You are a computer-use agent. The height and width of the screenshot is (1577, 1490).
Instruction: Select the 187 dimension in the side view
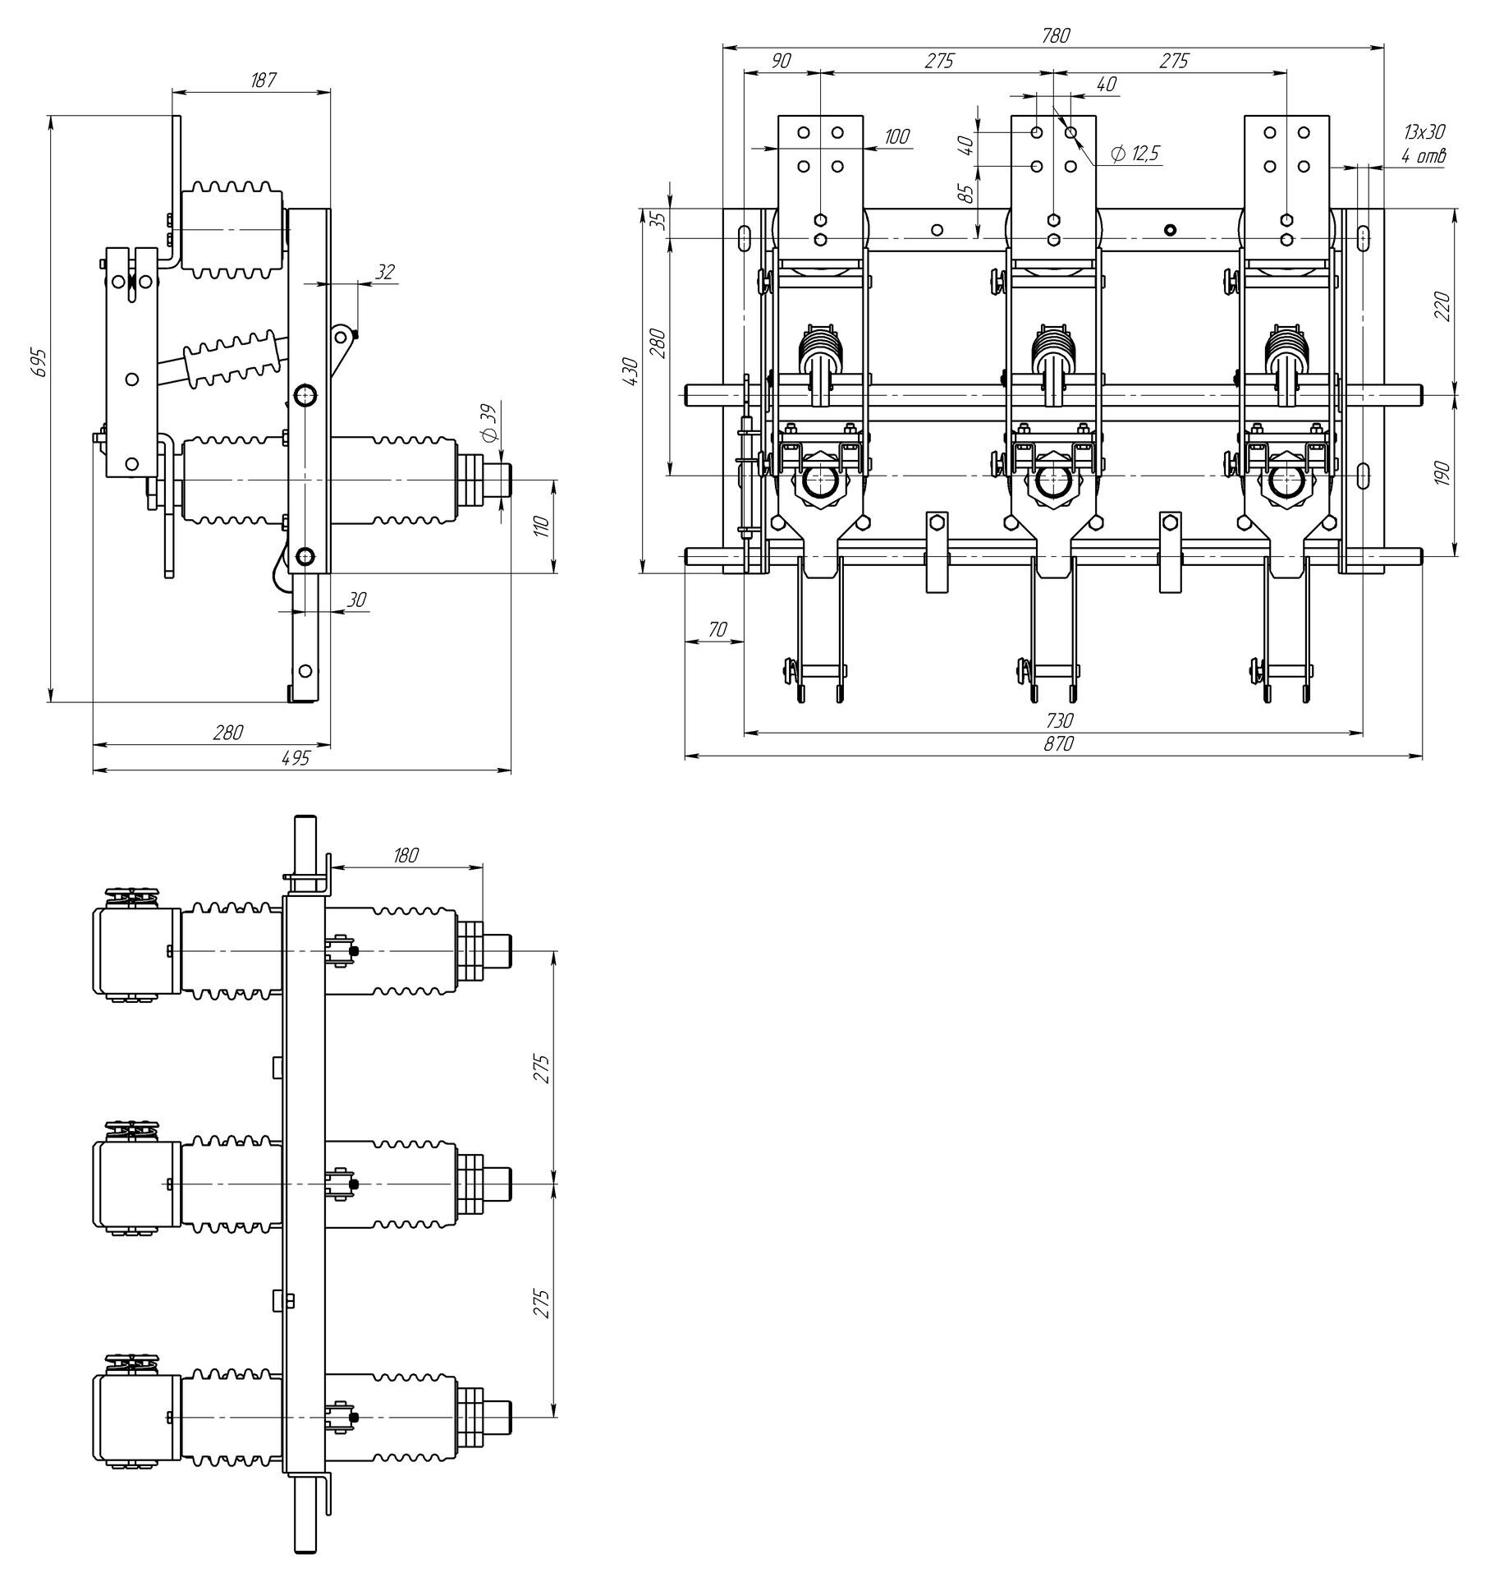[264, 80]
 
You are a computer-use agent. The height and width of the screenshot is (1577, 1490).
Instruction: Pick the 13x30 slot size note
[1424, 131]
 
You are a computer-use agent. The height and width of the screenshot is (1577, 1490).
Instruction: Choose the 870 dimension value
[1058, 744]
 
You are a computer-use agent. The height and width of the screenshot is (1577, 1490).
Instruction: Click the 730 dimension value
[1059, 720]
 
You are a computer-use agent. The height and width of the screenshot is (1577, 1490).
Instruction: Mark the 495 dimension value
[296, 758]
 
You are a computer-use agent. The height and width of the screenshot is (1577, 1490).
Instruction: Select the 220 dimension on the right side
[1444, 305]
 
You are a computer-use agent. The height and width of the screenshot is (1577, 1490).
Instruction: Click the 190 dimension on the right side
[1444, 472]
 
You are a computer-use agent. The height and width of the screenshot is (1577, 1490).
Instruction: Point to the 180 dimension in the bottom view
[406, 854]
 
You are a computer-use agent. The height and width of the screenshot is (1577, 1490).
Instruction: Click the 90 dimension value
[782, 60]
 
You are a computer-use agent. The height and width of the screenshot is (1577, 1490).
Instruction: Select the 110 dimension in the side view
[542, 526]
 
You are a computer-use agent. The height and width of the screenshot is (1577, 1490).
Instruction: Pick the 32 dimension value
[383, 272]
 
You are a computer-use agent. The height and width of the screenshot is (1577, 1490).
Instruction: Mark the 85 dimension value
[967, 194]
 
